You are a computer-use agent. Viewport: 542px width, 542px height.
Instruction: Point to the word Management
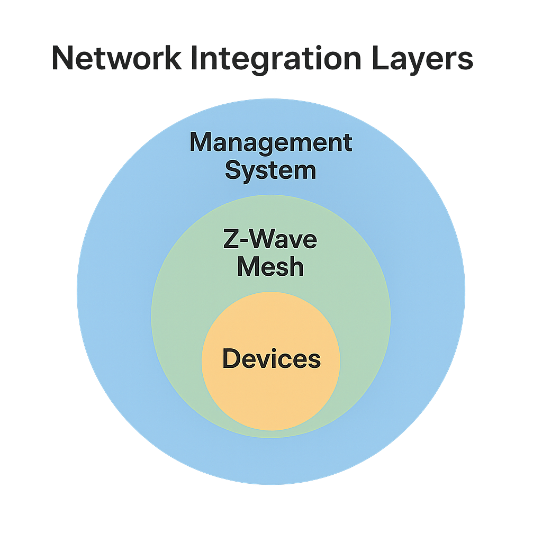point(270,143)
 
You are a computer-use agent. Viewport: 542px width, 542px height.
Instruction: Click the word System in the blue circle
point(270,170)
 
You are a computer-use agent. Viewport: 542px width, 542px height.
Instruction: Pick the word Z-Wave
point(270,240)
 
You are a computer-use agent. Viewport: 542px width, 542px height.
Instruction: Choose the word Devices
point(271,359)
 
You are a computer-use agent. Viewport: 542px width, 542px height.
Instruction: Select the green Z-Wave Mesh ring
point(180,318)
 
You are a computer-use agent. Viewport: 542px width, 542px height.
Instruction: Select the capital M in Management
point(202,143)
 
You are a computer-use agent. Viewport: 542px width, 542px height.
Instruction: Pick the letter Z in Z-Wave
point(231,240)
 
